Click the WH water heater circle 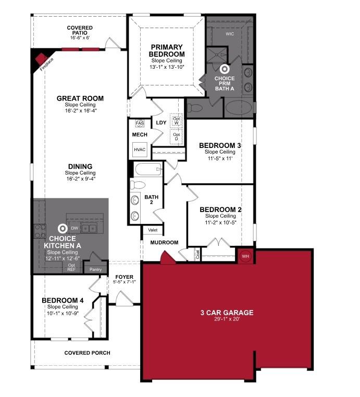click(245, 256)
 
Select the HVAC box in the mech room click(140, 150)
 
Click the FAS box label click(140, 123)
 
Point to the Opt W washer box click(177, 119)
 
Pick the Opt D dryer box click(177, 137)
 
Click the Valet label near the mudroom click(153, 230)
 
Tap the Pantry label click(95, 269)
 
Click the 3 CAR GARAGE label click(227, 313)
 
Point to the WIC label click(230, 34)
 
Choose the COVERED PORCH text click(88, 353)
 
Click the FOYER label click(124, 277)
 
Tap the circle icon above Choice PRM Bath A click(225, 68)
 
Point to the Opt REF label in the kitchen click(71, 267)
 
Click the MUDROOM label click(164, 242)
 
